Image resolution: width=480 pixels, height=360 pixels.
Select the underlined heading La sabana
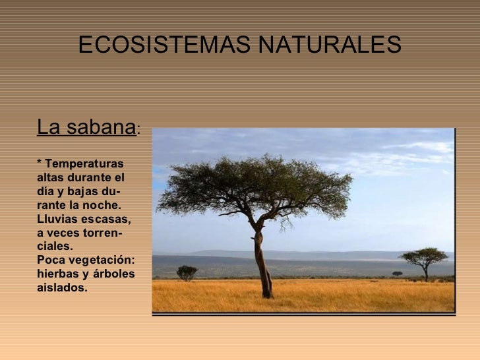(86, 127)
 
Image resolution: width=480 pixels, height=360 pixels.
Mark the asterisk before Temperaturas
(40, 162)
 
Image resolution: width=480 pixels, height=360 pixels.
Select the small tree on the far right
(424, 258)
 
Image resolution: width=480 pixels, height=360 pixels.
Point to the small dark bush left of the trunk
(187, 272)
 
